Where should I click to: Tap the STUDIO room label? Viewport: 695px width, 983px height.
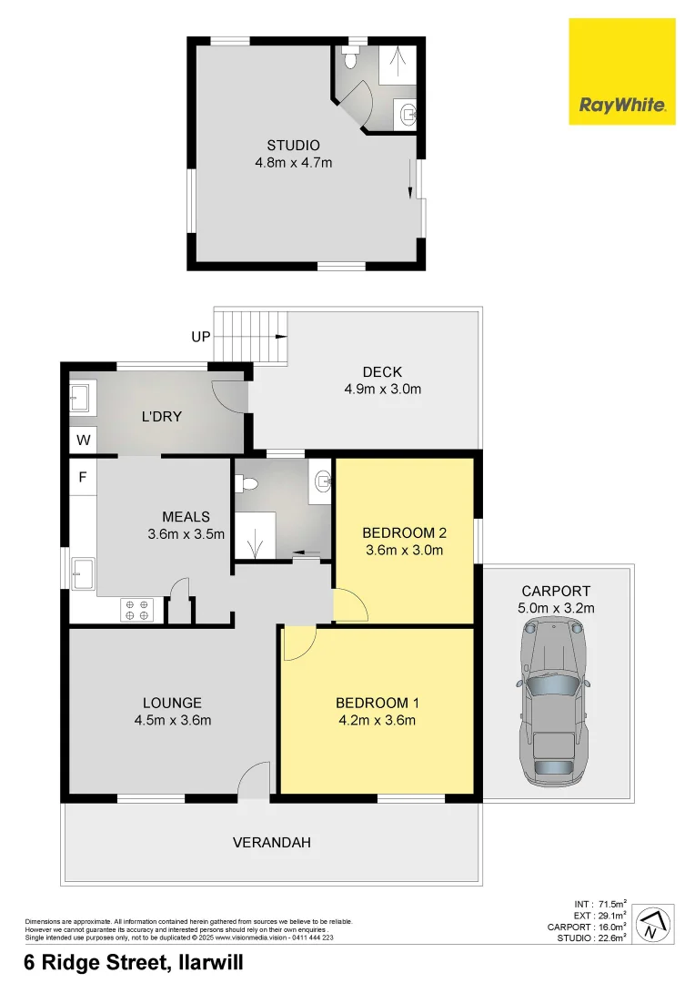(293, 146)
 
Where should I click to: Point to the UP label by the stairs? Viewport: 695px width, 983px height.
(201, 337)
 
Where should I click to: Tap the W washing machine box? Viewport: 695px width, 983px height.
(83, 441)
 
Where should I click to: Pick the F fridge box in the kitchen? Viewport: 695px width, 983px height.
(83, 476)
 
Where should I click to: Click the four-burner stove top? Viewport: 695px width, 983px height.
(136, 609)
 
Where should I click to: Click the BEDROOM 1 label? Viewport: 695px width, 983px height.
(376, 703)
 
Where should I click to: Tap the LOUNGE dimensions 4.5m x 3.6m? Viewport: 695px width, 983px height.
(172, 721)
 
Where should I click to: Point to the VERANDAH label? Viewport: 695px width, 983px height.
(271, 843)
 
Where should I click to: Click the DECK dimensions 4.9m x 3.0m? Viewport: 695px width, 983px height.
(382, 389)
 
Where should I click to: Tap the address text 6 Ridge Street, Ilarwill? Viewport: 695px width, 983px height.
(134, 962)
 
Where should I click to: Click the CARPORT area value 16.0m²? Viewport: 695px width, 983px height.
(610, 928)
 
